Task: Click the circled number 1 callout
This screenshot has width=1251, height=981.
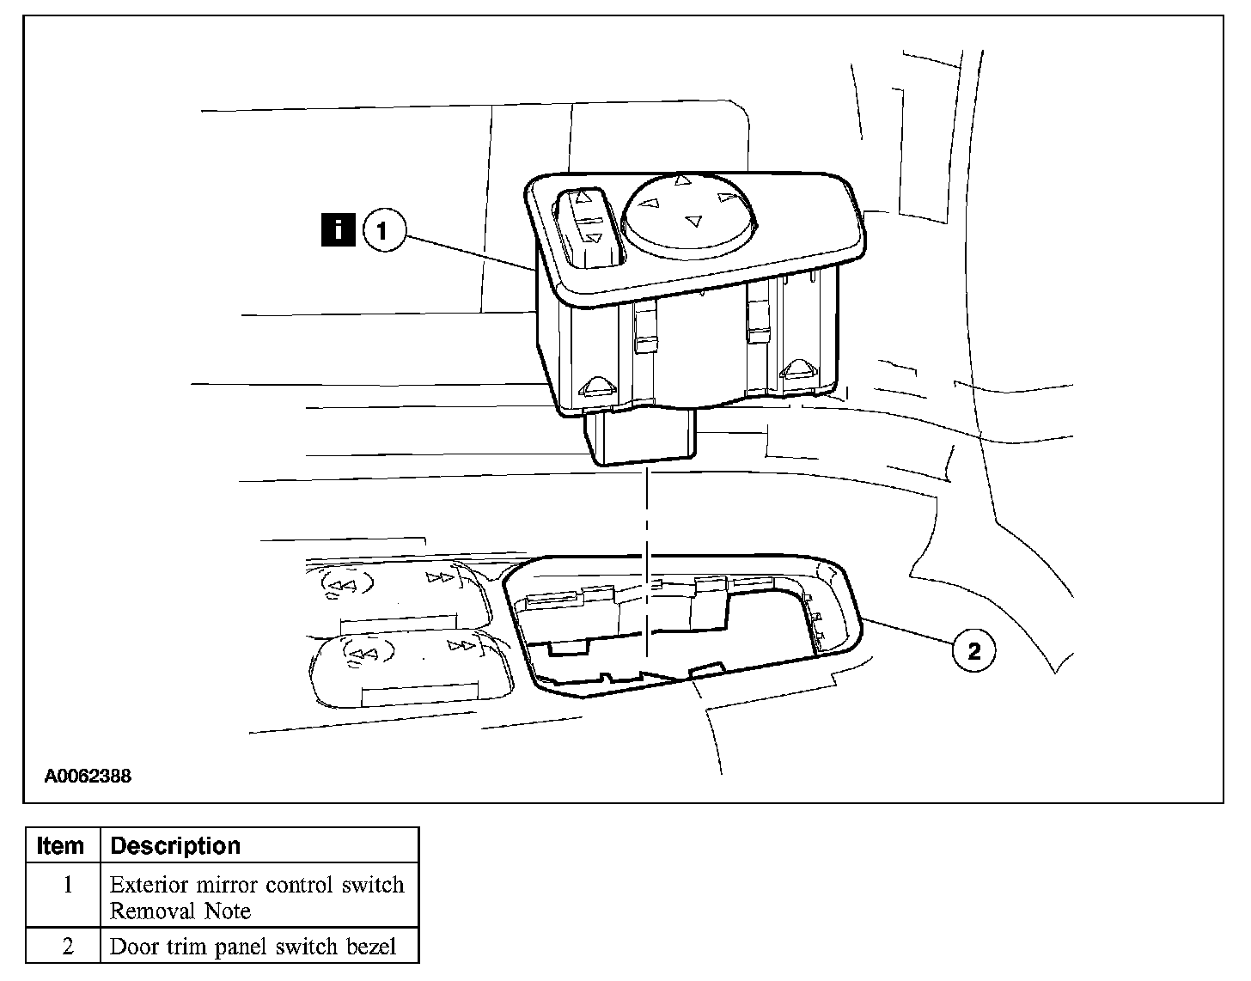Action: click(384, 230)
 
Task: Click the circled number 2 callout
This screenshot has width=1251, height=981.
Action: click(973, 650)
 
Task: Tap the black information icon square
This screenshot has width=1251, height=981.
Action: click(338, 230)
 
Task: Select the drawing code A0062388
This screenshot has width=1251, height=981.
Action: click(88, 776)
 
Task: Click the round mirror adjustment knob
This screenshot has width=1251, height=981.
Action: click(691, 210)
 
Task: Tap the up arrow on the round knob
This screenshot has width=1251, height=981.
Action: click(680, 181)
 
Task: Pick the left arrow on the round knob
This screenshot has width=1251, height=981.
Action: click(650, 204)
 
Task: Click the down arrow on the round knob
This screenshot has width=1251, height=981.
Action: click(692, 222)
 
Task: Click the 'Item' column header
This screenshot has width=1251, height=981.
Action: click(61, 845)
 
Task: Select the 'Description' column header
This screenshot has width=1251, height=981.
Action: click(175, 845)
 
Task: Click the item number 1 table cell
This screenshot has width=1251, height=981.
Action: click(67, 886)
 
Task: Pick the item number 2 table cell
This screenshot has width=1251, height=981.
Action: click(67, 947)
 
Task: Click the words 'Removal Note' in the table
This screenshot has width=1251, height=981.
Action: click(180, 911)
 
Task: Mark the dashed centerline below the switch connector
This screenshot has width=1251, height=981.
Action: click(644, 515)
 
